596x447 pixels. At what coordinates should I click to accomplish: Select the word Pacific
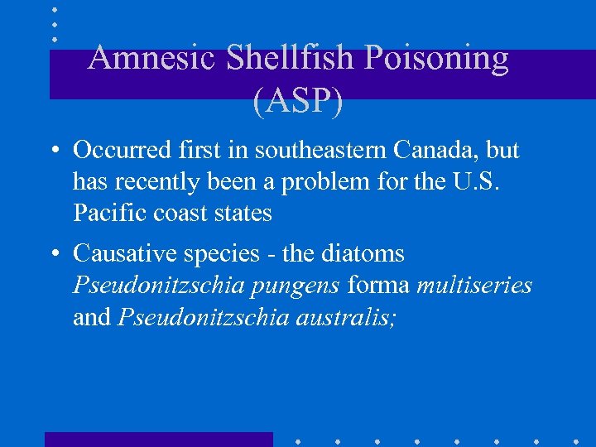coord(103,213)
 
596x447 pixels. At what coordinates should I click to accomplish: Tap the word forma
coord(378,286)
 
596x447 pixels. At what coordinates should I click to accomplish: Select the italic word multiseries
coord(474,286)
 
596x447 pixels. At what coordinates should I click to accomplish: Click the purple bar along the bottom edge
coord(158,439)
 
